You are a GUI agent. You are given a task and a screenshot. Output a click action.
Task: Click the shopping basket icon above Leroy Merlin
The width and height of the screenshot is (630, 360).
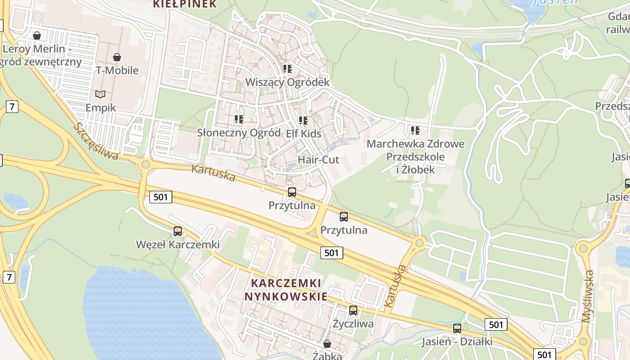point(37,35)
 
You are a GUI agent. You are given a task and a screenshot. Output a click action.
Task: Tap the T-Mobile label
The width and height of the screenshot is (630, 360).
point(117,70)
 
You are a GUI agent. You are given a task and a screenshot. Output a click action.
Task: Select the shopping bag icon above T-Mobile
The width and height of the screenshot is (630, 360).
point(117,57)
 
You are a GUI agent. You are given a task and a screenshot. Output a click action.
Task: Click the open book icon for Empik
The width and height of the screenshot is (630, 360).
point(100,94)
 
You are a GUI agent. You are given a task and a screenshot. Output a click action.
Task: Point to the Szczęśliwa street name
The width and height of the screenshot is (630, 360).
point(97,141)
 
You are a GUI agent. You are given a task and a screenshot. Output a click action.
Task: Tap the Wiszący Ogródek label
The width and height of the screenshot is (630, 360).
point(287,82)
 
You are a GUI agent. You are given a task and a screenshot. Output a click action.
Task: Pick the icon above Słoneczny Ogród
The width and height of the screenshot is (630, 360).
point(239,119)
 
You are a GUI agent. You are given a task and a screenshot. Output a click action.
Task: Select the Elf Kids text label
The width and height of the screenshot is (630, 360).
point(304,134)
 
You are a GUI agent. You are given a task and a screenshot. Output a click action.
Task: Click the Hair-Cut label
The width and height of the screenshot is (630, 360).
point(319,160)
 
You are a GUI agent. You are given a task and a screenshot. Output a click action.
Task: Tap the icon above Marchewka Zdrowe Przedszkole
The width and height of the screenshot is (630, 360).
point(415,130)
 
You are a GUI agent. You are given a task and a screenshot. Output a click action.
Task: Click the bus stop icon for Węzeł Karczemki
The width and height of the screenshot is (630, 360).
point(178,231)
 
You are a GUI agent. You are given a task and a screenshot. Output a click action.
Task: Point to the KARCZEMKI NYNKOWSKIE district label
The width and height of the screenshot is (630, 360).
point(286,290)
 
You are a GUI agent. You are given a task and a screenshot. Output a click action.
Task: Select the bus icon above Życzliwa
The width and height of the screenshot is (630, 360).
point(353,310)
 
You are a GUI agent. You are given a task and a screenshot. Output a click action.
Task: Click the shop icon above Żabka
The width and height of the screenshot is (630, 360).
point(327,344)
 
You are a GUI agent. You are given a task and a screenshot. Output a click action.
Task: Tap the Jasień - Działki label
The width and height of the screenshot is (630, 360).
point(457,342)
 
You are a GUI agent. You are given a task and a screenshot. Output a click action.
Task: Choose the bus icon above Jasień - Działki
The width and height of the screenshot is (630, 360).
point(457,328)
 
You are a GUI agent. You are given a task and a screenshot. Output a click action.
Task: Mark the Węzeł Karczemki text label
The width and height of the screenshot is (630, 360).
point(178,244)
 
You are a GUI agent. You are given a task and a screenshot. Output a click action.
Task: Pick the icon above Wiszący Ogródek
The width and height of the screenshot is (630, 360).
point(287,69)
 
